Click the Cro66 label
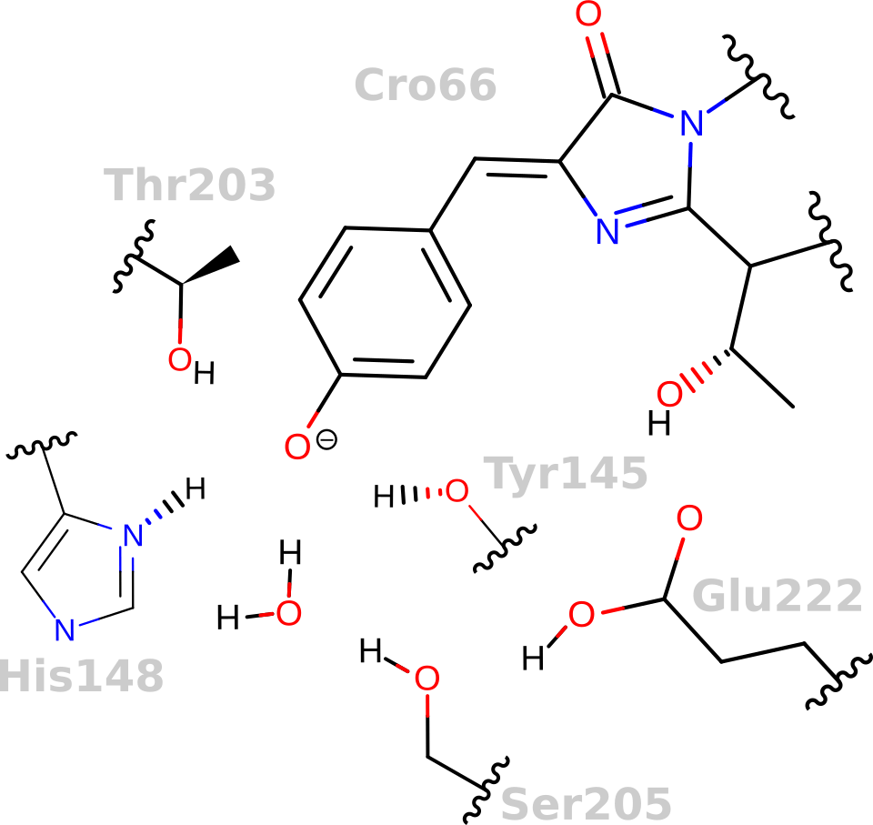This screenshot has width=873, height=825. click(x=425, y=86)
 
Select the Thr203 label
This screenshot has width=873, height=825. click(x=190, y=185)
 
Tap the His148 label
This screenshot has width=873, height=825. click(x=82, y=676)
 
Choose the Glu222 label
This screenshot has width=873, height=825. click(x=777, y=597)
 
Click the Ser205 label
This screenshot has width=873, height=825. click(x=586, y=804)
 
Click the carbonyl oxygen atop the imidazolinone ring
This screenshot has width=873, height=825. click(x=589, y=15)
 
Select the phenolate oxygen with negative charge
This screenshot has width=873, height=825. click(x=297, y=446)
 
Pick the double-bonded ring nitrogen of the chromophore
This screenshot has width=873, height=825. click(x=607, y=231)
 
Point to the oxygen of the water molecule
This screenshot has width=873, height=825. click(x=288, y=612)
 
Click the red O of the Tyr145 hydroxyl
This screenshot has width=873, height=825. click(x=457, y=491)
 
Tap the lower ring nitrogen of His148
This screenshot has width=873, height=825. click(x=64, y=628)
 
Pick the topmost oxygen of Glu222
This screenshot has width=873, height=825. click(x=690, y=519)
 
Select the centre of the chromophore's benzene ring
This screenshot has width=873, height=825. click(x=385, y=302)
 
